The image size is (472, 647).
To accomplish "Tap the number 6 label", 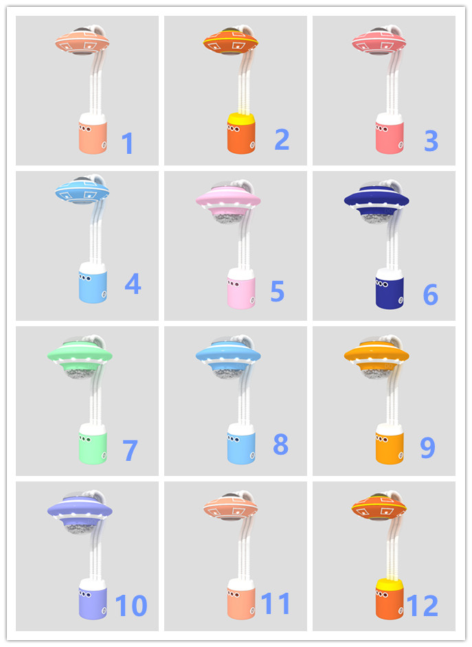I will coord(430,295).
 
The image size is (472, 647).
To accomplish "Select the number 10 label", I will coord(131,606).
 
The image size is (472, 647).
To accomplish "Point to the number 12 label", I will coord(422,606).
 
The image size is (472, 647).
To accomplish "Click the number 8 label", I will coord(280,444).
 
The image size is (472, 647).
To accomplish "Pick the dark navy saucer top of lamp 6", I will coord(376,200).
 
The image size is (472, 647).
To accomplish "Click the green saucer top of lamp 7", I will coord(80,354).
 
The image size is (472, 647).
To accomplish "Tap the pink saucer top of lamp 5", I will coord(227,199).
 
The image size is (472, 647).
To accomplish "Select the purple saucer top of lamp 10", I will coord(80,509).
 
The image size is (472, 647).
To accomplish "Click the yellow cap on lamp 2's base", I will coord(241,119).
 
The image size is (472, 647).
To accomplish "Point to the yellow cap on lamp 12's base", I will coord(389,584).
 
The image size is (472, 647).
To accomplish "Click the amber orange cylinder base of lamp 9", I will coord(389,448).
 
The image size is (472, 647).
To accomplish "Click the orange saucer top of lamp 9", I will coord(376,355).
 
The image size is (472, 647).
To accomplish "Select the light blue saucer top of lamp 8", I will coord(227,354).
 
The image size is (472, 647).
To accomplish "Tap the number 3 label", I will coord(431,141).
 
